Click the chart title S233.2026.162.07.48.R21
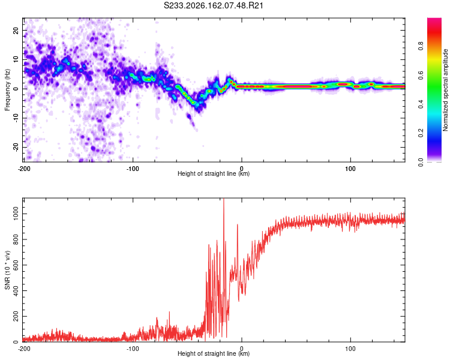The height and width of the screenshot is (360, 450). click(x=213, y=5)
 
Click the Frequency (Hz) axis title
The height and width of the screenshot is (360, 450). click(x=7, y=90)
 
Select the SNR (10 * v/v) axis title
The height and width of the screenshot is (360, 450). click(x=7, y=270)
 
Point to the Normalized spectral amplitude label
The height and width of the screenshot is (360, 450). click(x=445, y=90)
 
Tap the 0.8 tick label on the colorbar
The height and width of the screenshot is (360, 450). click(x=421, y=46)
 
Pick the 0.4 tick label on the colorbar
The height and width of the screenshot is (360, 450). click(x=421, y=104)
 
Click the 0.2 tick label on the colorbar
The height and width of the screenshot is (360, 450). click(x=421, y=133)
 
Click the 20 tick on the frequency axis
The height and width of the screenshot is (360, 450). click(x=16, y=30)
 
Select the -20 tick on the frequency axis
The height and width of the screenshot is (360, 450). click(x=16, y=148)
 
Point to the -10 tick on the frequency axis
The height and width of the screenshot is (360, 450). click(x=16, y=118)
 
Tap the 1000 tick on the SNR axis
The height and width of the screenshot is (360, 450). click(x=16, y=214)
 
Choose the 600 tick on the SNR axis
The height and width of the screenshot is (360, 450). click(x=16, y=265)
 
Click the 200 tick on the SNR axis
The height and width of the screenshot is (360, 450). click(x=16, y=316)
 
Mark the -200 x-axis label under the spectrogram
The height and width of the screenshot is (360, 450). click(x=24, y=169)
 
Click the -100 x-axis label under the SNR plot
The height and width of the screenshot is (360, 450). click(x=133, y=349)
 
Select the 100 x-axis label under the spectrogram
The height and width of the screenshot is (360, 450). click(x=350, y=169)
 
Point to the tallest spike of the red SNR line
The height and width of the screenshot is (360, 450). click(x=224, y=199)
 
